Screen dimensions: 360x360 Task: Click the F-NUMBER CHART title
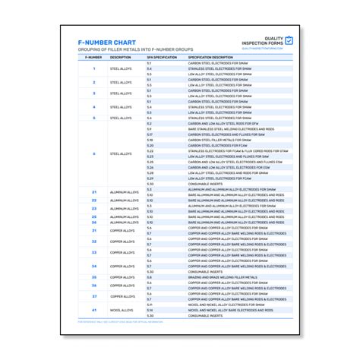(x=109, y=43)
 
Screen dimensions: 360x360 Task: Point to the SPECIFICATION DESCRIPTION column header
(x=210, y=57)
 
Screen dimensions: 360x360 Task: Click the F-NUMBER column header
(x=94, y=57)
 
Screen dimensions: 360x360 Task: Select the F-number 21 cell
(x=94, y=192)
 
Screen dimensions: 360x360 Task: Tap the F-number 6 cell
(x=94, y=153)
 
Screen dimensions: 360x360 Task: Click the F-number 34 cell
(x=94, y=267)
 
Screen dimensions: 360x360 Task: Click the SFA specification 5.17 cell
(x=150, y=134)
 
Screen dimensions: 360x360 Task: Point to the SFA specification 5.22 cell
(x=150, y=150)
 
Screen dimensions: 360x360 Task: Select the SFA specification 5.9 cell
(x=150, y=129)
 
